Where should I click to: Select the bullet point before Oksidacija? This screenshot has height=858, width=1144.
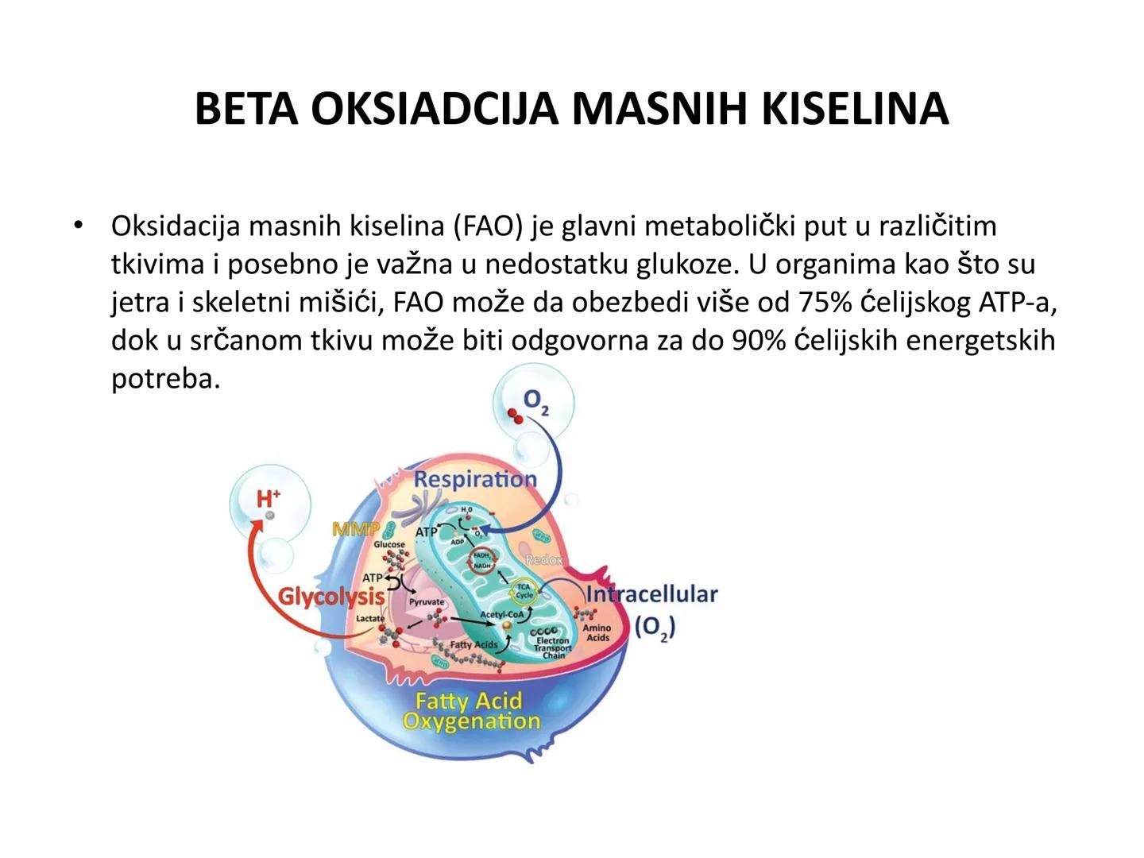click(78, 226)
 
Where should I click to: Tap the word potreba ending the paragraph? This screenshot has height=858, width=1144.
click(164, 378)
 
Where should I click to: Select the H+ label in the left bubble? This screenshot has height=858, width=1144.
click(269, 498)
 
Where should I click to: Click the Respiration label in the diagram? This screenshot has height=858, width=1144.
click(475, 479)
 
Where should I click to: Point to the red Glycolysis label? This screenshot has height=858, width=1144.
click(330, 596)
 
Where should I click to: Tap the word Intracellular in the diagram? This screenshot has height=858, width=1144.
click(651, 593)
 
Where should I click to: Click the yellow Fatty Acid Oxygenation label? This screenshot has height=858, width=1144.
click(470, 711)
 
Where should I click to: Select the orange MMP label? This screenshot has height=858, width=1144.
click(355, 528)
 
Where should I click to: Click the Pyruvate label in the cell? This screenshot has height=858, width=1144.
click(427, 602)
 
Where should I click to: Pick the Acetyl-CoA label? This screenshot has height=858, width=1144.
click(501, 615)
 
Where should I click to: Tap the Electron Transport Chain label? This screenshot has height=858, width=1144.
click(552, 647)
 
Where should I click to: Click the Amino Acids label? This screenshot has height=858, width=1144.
click(597, 632)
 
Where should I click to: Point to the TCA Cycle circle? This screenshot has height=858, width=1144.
click(524, 590)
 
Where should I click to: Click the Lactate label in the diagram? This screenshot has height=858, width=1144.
click(369, 618)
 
